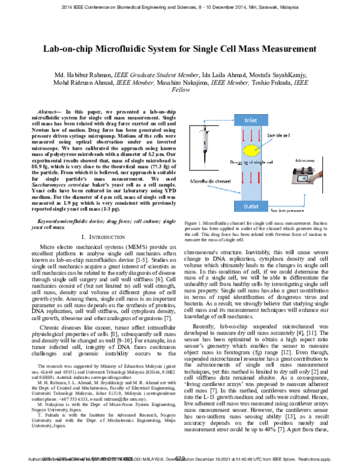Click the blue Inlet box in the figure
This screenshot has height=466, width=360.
point(250,120)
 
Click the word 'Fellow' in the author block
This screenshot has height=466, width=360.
point(180,92)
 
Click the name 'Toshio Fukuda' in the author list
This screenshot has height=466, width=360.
point(274,83)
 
